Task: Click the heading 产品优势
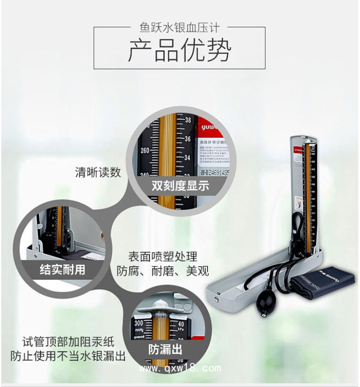tap(180, 50)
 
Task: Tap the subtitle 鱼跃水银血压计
tap(180, 28)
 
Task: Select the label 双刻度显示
tap(180, 186)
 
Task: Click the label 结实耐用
tap(62, 270)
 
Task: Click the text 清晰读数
tap(98, 172)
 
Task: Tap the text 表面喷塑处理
tap(162, 257)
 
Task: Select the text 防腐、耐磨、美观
tap(162, 271)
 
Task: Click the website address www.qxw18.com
tap(180, 369)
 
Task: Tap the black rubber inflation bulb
tap(264, 306)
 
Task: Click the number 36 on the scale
tap(188, 139)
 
